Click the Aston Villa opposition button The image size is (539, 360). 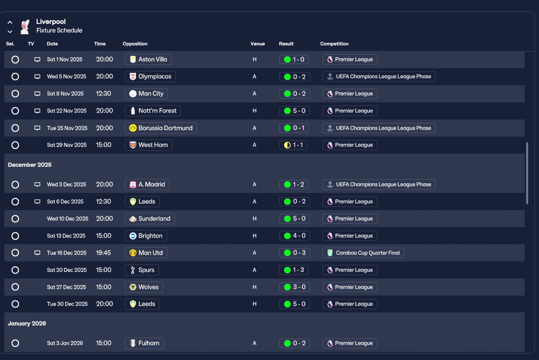click(148, 59)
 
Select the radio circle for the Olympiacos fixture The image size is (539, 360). click(15, 77)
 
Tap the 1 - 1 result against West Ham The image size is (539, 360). click(293, 145)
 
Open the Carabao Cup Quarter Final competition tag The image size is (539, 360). click(363, 253)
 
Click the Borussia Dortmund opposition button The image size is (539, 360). click(161, 128)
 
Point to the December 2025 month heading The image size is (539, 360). click(30, 165)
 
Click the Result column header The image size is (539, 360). click(286, 44)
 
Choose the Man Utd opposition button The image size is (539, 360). click(146, 253)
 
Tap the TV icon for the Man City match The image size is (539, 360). click(37, 94)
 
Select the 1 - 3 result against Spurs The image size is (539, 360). click(294, 270)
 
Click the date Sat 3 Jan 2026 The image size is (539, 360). click(65, 343)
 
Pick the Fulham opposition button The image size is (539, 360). click(144, 343)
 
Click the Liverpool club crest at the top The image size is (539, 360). click(25, 26)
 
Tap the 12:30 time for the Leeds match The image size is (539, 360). click(104, 202)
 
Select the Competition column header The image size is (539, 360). click(334, 44)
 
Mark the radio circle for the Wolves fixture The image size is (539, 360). click(15, 287)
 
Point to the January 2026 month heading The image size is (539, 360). click(27, 323)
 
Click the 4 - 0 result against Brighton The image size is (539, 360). click(294, 236)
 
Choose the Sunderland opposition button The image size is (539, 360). click(150, 219)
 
